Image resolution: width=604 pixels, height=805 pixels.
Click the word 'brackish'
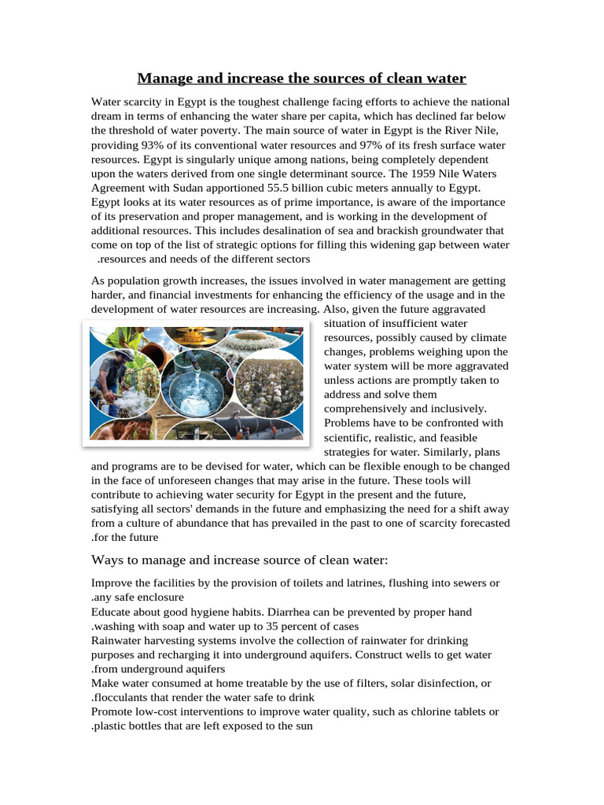389,230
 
